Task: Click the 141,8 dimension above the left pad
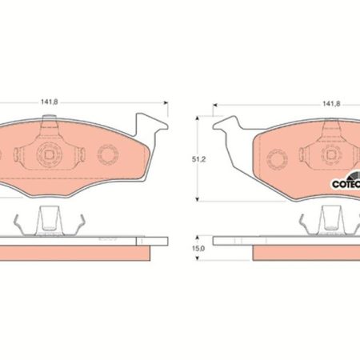coord(50,102)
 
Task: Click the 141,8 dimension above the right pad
coord(331,104)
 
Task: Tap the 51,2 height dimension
coord(199,159)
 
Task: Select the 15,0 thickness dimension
coord(198,248)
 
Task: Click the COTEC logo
coord(346,182)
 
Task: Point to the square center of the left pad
coord(49,154)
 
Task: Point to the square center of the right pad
coord(331,154)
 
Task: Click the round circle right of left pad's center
coord(108,154)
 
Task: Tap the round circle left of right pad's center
coord(277,159)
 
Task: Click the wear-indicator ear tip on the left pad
coord(166,126)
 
